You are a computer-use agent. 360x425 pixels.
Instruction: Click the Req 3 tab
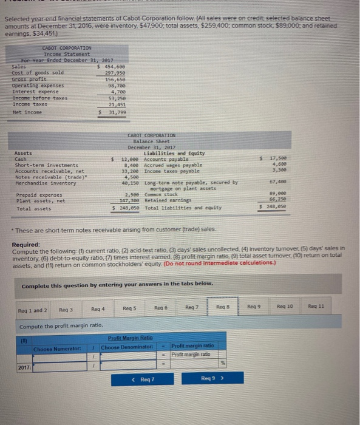coord(64,308)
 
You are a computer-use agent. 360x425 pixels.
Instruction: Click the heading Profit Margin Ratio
coord(130,338)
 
